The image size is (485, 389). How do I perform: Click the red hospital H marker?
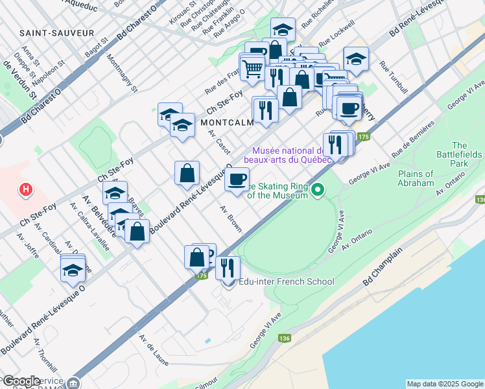tap(25, 190)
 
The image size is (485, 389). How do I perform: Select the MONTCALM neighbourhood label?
tap(226, 122)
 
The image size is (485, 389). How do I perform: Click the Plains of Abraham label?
tap(415, 178)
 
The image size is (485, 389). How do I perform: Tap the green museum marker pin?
tap(318, 190)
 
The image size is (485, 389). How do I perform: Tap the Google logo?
tap(21, 381)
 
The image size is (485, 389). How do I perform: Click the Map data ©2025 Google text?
tap(445, 384)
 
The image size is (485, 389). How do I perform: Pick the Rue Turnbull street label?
tap(394, 77)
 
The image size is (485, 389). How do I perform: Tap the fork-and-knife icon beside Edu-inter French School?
tap(228, 267)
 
